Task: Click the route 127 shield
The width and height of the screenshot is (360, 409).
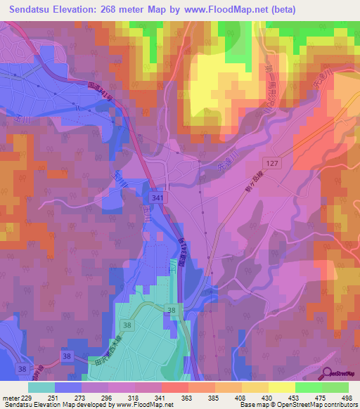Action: [274, 162]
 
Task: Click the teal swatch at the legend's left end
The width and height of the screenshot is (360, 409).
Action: [41, 387]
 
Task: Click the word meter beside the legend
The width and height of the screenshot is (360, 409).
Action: [9, 398]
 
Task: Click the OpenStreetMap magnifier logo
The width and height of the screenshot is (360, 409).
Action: [326, 374]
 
